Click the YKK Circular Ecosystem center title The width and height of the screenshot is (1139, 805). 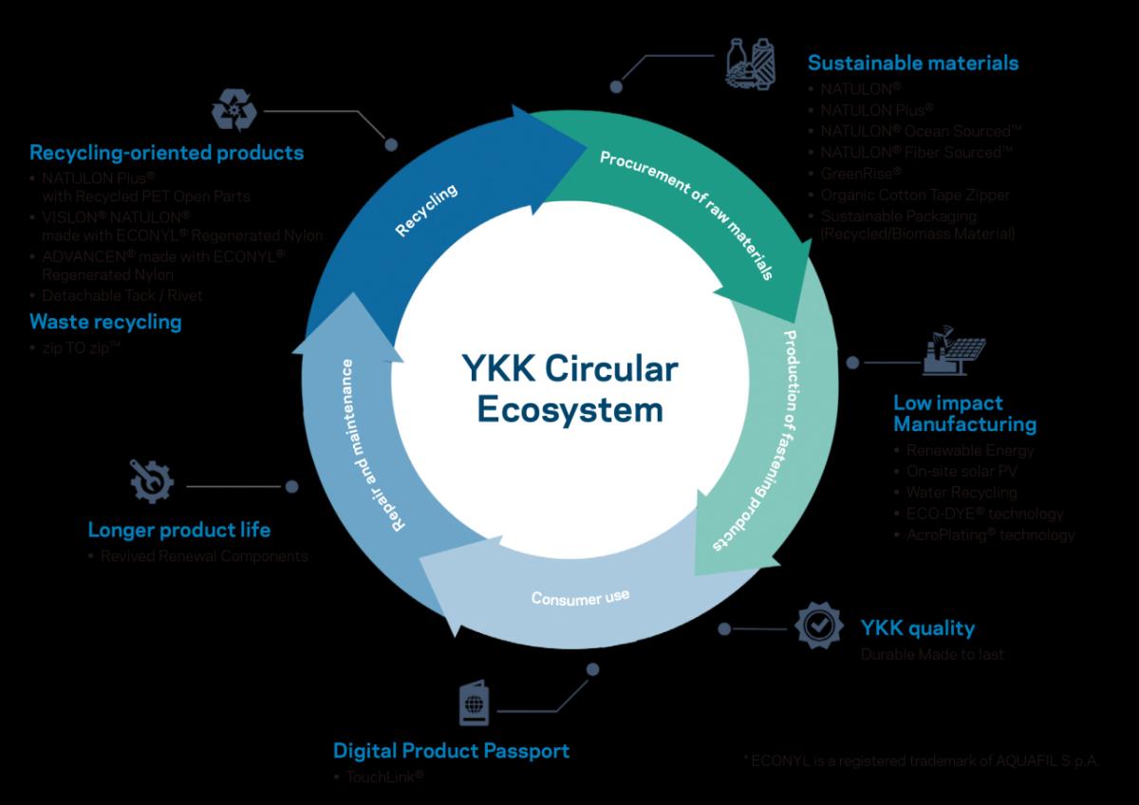(x=569, y=390)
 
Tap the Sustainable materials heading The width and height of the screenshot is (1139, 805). (x=912, y=63)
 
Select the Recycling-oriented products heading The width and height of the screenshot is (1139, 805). (x=167, y=152)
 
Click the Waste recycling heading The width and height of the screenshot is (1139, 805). (x=105, y=321)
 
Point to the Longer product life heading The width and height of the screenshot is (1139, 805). (x=179, y=529)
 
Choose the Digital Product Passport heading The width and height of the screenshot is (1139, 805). (x=451, y=751)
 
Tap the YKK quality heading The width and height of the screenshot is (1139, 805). (x=917, y=627)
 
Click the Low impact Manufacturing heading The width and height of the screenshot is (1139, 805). (x=964, y=413)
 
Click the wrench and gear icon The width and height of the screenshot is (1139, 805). (x=151, y=483)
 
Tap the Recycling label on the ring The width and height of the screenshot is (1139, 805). (x=426, y=211)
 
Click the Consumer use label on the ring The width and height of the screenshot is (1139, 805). (x=580, y=597)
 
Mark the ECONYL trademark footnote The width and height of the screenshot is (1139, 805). (x=922, y=761)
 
